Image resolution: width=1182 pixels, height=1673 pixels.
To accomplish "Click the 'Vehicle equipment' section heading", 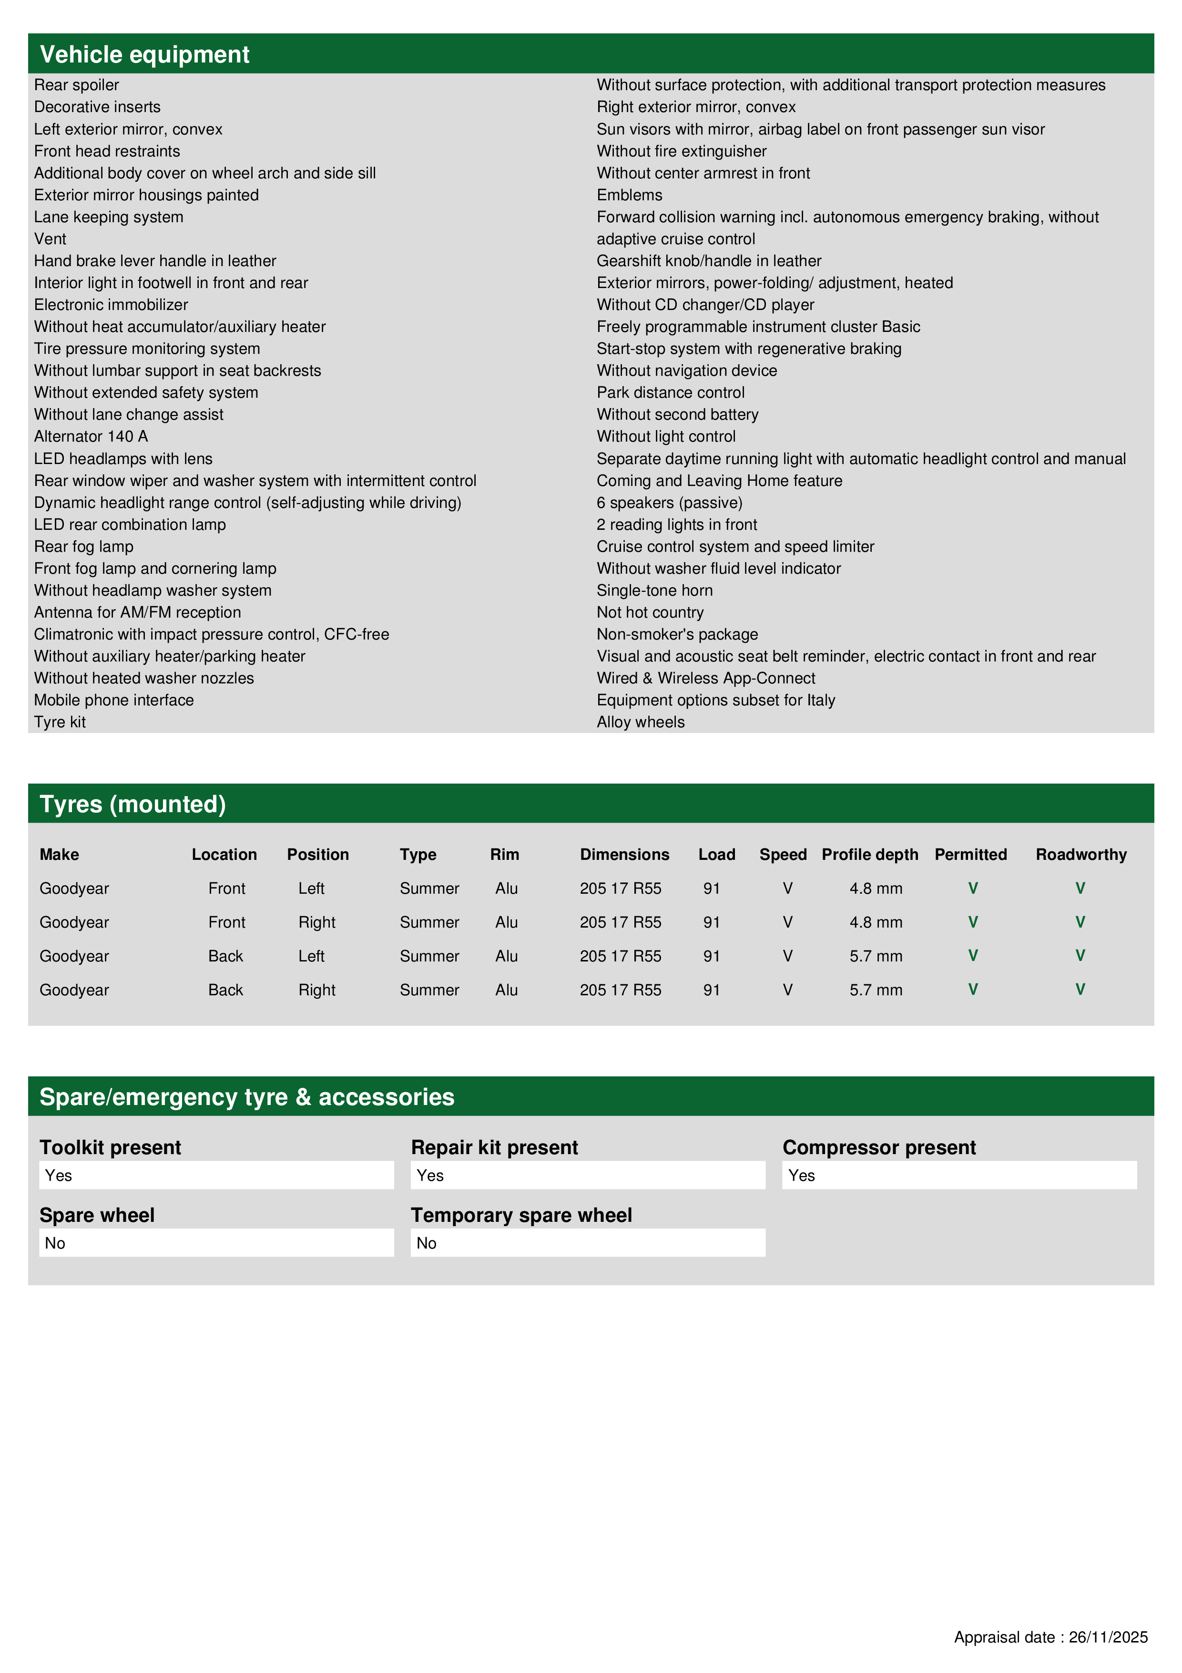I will point(144,55).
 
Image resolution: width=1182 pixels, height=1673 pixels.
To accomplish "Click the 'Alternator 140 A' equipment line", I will point(91,436).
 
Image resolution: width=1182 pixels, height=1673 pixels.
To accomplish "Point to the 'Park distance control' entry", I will point(670,393).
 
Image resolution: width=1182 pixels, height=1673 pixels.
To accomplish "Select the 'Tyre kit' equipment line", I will point(60,722).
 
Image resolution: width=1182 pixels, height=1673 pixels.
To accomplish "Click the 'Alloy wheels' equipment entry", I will point(640,722).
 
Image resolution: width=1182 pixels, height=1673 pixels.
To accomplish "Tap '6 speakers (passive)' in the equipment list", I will point(669,503).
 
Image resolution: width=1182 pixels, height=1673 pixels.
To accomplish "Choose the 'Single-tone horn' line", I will point(654,590).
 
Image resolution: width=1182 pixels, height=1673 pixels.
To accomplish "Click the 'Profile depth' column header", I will point(869,855).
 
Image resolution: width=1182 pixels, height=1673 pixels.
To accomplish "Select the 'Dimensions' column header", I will point(624,855).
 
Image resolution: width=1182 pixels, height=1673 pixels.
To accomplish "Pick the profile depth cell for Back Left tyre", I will point(876,956).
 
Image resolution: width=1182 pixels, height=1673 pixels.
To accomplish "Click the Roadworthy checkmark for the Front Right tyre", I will point(1080,922).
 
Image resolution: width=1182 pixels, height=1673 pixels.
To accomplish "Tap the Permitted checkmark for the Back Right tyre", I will point(972,990).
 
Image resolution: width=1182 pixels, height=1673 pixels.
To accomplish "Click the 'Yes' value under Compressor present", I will point(801,1175).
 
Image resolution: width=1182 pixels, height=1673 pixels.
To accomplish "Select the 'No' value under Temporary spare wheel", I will point(426,1243).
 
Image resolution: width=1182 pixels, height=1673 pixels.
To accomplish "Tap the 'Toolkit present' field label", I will point(110,1147).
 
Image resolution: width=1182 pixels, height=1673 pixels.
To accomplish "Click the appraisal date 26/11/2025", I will point(1108,1637).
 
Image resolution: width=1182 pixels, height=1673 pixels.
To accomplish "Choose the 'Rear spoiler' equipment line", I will point(76,85).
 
